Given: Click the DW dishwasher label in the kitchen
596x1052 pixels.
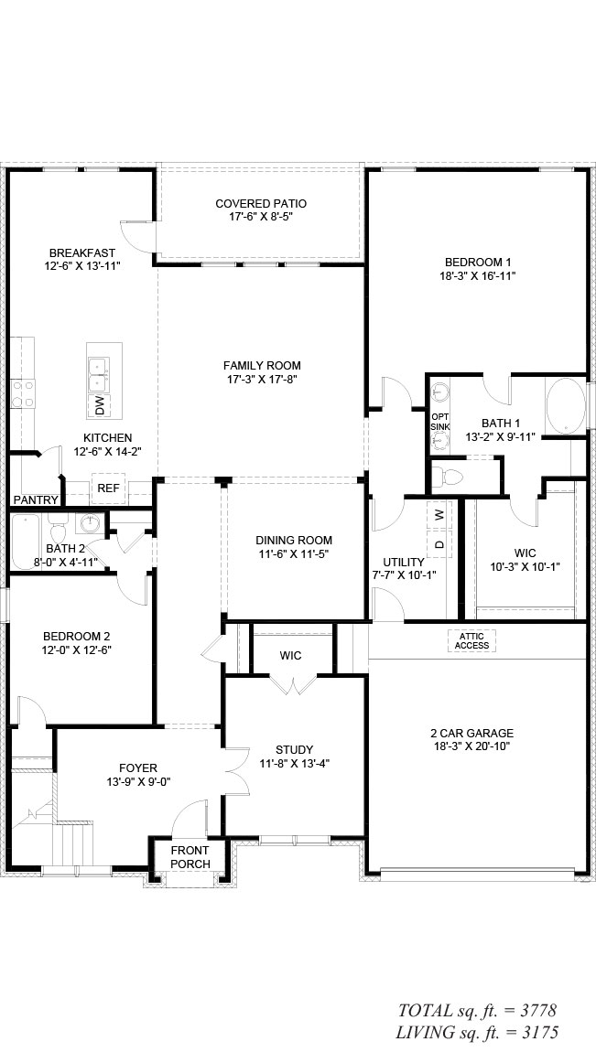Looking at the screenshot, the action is coord(100,405).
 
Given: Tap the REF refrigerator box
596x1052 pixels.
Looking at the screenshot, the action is coord(109,488).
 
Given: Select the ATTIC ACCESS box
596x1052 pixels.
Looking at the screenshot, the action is coord(472,640).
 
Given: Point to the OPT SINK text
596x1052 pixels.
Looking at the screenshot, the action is coord(440,422).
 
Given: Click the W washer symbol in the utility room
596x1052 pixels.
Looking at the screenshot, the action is coord(439,515).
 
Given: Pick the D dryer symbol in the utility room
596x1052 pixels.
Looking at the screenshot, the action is coord(439,544).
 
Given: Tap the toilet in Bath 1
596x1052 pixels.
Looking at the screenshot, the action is coord(448,477).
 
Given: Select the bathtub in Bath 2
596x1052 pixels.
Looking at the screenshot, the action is coord(27,542).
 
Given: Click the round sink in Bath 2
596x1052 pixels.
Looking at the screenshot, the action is coord(89,522).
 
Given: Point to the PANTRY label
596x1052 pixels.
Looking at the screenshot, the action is coord(37,499).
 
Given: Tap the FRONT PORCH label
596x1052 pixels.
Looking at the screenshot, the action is coord(190,857).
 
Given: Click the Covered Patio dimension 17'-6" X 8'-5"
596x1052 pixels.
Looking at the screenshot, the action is coord(260,217).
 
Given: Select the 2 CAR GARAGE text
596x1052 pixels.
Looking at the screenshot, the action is coord(471,734).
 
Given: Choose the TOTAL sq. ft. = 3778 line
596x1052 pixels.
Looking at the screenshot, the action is coord(477,1010).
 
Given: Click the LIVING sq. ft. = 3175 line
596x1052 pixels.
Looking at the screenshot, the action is coord(477,1032).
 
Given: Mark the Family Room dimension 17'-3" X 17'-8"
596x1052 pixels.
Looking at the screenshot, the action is coord(262,379).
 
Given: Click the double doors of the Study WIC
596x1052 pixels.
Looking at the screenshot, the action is coord(292,683).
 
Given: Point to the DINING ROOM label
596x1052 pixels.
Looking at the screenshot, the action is coord(293,540).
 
